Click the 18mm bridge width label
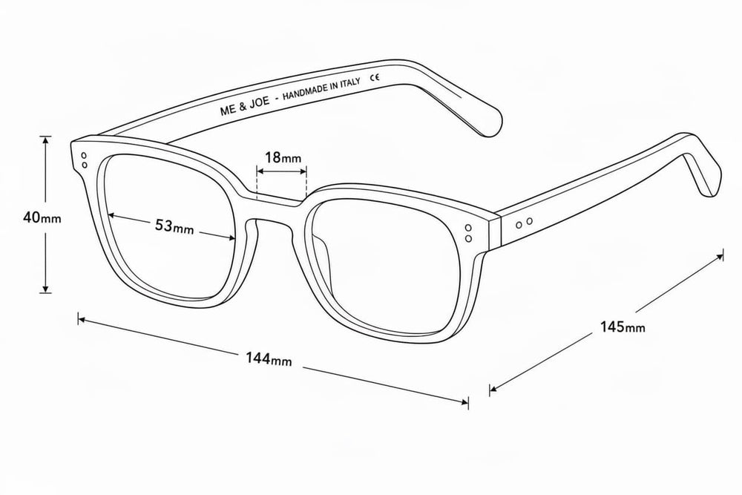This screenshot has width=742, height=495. pyautogui.click(x=283, y=157)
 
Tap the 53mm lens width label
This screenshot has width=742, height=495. pyautogui.click(x=174, y=226)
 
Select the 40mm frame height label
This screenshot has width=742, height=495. pyautogui.click(x=42, y=217)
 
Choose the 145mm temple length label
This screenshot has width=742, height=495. pyautogui.click(x=623, y=327)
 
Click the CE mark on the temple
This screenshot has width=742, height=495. pyautogui.click(x=375, y=77)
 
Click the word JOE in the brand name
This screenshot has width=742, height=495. pyautogui.click(x=260, y=102)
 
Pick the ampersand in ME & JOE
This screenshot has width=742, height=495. pyautogui.click(x=243, y=107)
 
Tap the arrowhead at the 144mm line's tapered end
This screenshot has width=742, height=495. pyautogui.click(x=464, y=402)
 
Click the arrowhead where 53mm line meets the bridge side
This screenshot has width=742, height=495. pyautogui.click(x=232, y=238)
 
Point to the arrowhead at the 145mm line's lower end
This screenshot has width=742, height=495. pyautogui.click(x=493, y=390)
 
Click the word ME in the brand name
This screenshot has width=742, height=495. pyautogui.click(x=228, y=111)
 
